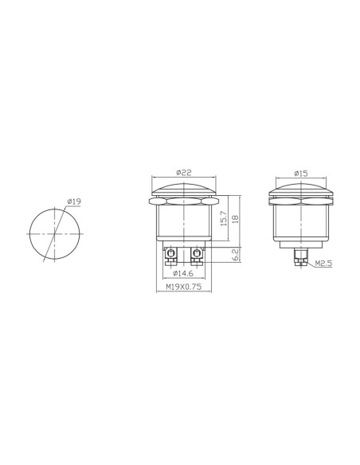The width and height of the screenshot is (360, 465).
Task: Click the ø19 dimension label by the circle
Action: tap(73, 202)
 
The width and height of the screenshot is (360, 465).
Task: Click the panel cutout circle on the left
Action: tap(54, 234)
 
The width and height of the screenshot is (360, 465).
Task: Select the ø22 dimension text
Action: tap(184, 174)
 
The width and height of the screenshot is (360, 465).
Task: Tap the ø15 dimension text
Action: tap(301, 174)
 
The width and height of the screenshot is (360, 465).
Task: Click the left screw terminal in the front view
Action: tap(171, 255)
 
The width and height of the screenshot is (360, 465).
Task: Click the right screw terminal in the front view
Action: tap(197, 255)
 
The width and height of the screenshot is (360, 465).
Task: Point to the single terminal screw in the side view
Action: tap(301, 256)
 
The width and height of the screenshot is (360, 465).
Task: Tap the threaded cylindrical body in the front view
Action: tap(184, 221)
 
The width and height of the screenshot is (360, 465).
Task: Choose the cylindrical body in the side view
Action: tap(301, 221)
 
